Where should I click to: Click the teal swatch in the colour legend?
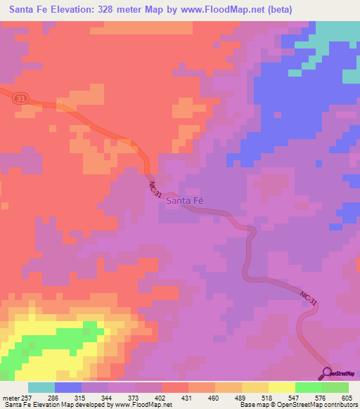tap(41, 387)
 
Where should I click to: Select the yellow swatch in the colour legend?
tap(281, 387)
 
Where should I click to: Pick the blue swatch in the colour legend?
tap(68, 387)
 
